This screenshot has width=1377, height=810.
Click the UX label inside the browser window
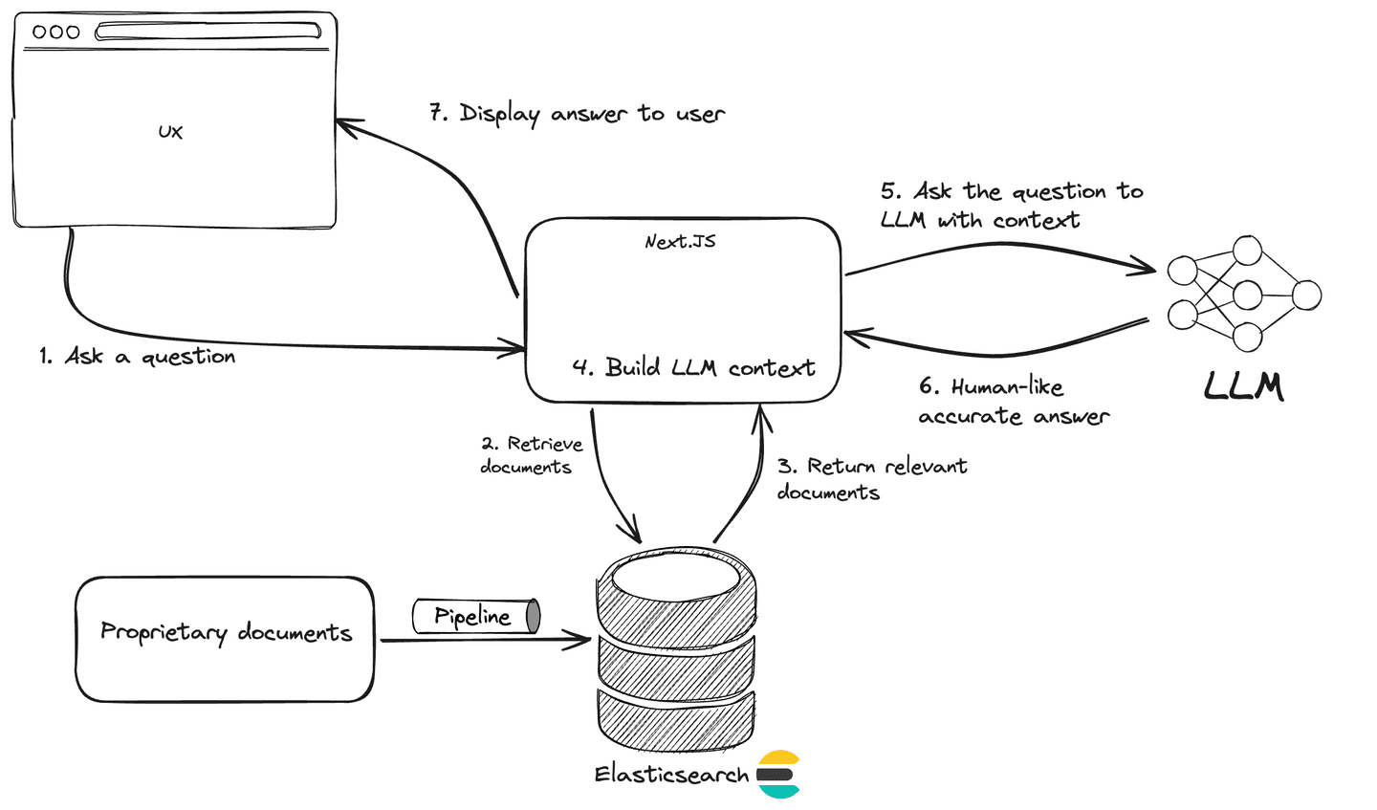click(170, 132)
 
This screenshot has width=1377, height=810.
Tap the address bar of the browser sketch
click(208, 32)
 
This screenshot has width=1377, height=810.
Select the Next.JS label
click(680, 242)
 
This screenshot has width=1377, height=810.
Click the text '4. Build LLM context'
click(693, 368)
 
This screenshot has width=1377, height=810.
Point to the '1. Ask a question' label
click(138, 357)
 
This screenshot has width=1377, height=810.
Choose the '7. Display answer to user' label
click(577, 114)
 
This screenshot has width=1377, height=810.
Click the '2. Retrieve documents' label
click(531, 455)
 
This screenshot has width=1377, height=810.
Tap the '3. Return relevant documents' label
click(871, 479)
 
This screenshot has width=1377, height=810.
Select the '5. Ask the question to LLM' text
click(1011, 206)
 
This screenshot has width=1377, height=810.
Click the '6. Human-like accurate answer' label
click(1014, 402)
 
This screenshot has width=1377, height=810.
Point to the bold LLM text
click(1243, 386)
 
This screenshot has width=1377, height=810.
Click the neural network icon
click(1244, 294)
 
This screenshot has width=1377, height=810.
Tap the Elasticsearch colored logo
click(778, 774)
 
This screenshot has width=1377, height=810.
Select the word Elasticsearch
click(671, 775)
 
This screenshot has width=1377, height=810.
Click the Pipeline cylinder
click(476, 617)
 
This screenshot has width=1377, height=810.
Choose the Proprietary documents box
click(225, 639)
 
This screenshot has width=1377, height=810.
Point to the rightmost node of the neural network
click(1306, 295)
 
